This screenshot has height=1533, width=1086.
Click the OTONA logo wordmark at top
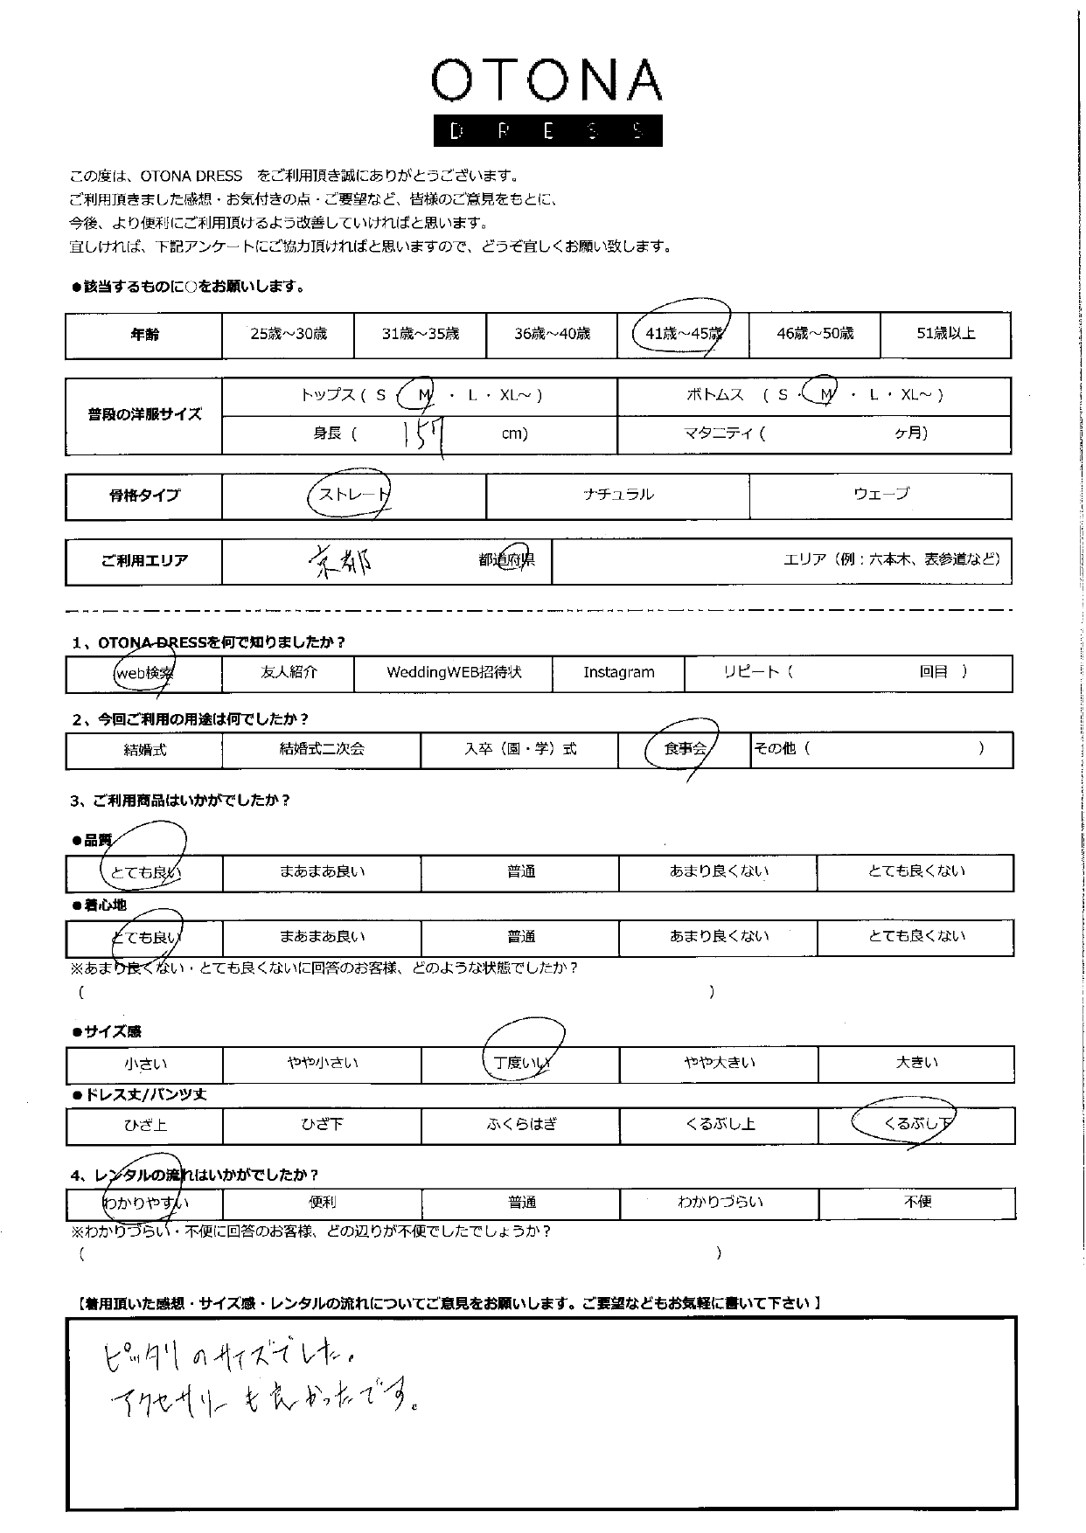pos(546,82)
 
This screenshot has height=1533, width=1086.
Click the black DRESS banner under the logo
pos(547,131)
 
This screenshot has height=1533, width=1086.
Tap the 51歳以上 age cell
pos(945,333)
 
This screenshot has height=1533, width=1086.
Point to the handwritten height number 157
pos(425,434)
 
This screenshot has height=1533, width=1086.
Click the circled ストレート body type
pos(352,495)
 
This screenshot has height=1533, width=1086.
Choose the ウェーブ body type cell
pos(881,494)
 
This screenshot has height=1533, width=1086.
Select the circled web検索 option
pos(144,672)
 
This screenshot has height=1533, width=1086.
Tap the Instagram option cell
pos(618,672)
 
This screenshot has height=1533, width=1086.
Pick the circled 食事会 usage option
pos(685,749)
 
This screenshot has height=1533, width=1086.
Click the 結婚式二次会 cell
pos(322,749)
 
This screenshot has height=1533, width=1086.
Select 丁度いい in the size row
pos(520,1063)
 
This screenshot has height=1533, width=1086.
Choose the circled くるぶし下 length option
pos(916,1124)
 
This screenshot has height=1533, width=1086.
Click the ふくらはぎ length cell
pos(520,1125)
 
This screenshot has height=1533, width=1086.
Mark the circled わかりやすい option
pos(144,1203)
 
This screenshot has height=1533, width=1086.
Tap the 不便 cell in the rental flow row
pos(917,1202)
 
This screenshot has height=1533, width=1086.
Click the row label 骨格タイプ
pos(144,496)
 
